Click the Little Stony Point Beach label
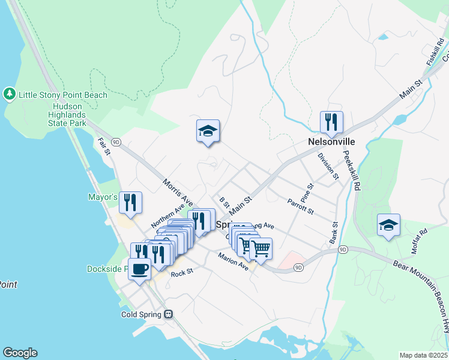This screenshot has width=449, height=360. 63,95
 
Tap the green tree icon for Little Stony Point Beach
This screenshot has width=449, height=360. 9,94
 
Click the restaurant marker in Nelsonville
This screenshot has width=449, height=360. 331,123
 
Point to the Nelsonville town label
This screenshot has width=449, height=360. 331,142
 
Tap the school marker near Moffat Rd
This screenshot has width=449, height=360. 388,226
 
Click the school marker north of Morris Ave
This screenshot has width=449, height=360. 208,131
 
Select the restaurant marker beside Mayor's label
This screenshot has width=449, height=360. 130,203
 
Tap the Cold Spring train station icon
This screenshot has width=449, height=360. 169,314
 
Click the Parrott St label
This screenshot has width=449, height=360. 301,206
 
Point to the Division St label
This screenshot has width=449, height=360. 328,166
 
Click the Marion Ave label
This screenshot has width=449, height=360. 233,262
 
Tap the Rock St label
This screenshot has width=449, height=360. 181,273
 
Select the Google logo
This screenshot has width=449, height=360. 20,353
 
